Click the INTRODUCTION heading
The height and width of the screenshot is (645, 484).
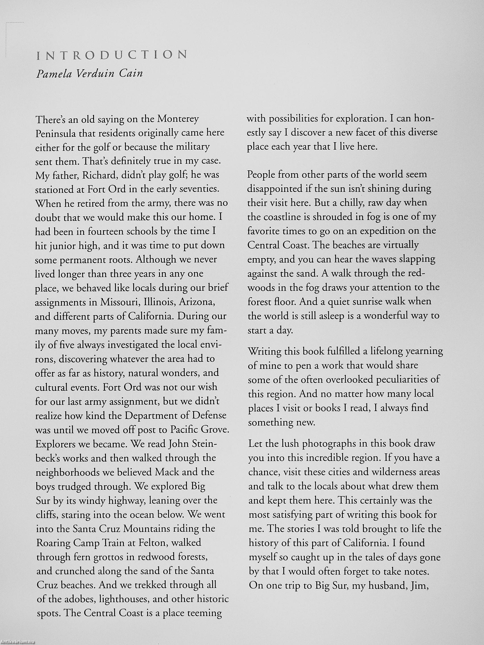click(x=112, y=55)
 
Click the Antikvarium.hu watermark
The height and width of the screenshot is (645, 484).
click(x=18, y=642)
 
